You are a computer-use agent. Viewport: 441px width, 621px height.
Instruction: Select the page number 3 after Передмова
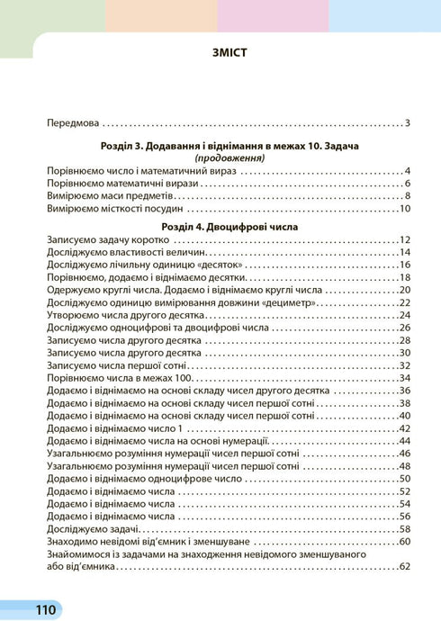tap(407, 123)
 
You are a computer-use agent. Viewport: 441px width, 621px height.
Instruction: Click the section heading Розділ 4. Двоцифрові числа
tap(220, 228)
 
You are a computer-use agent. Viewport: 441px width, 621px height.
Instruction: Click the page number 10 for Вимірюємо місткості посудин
tap(404, 209)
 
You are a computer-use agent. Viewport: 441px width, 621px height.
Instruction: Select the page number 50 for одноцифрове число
tap(404, 479)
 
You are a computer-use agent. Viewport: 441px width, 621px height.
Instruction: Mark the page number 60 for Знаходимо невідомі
tap(404, 542)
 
